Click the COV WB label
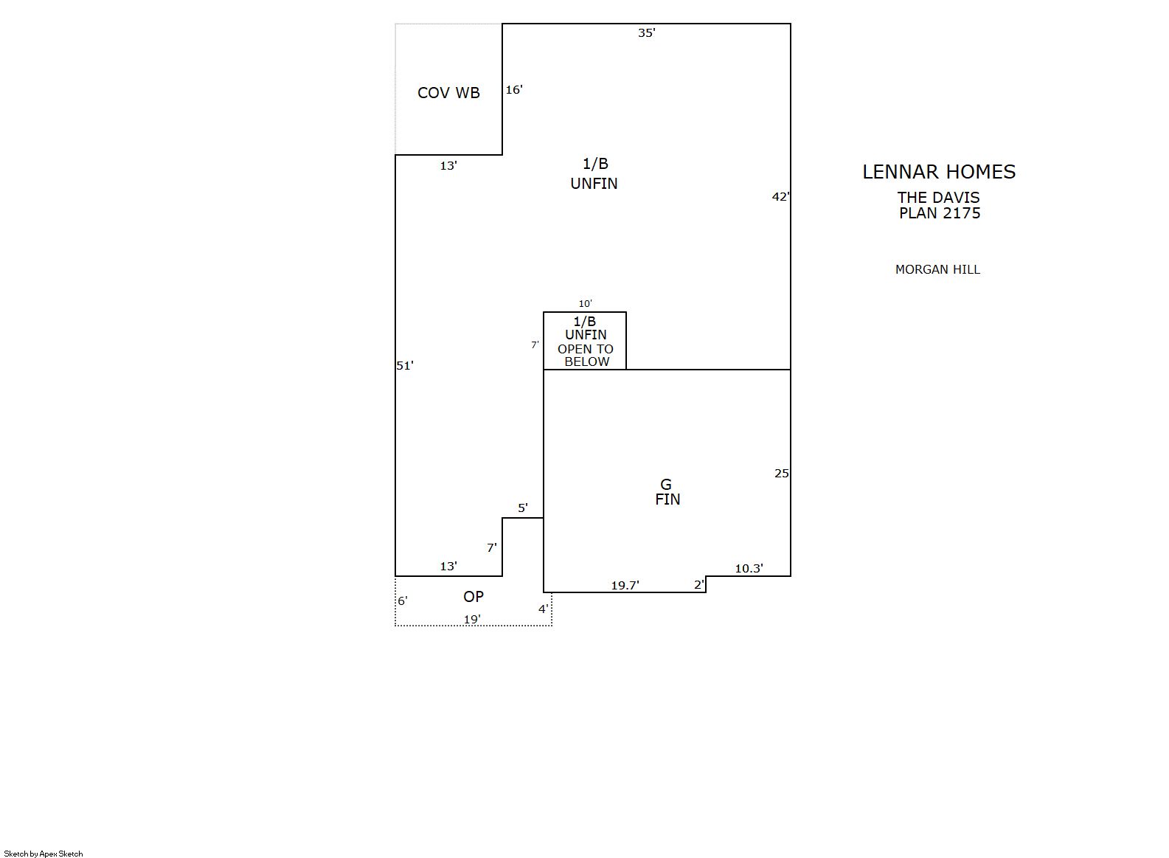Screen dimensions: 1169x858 click(448, 93)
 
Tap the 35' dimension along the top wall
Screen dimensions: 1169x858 click(647, 33)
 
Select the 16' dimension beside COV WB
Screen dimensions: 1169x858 click(514, 90)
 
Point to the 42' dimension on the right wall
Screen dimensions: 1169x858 click(781, 197)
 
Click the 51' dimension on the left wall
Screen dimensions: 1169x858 click(405, 366)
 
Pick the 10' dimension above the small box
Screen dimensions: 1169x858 click(585, 304)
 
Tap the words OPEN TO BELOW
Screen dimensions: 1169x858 click(586, 356)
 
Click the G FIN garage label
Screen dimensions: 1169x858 click(667, 492)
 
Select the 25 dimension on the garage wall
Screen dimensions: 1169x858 click(781, 474)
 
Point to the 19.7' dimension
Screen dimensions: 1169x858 click(625, 586)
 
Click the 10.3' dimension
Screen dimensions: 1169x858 click(749, 569)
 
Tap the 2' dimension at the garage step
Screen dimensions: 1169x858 click(699, 585)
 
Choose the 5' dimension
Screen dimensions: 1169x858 click(522, 508)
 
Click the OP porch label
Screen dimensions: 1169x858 click(474, 597)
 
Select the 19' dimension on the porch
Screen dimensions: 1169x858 click(472, 620)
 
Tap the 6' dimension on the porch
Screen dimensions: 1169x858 click(403, 601)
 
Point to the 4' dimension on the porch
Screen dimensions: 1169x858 click(544, 609)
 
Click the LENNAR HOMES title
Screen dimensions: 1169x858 click(938, 172)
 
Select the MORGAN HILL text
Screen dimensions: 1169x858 click(937, 269)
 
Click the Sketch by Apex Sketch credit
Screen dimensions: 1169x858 click(44, 854)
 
